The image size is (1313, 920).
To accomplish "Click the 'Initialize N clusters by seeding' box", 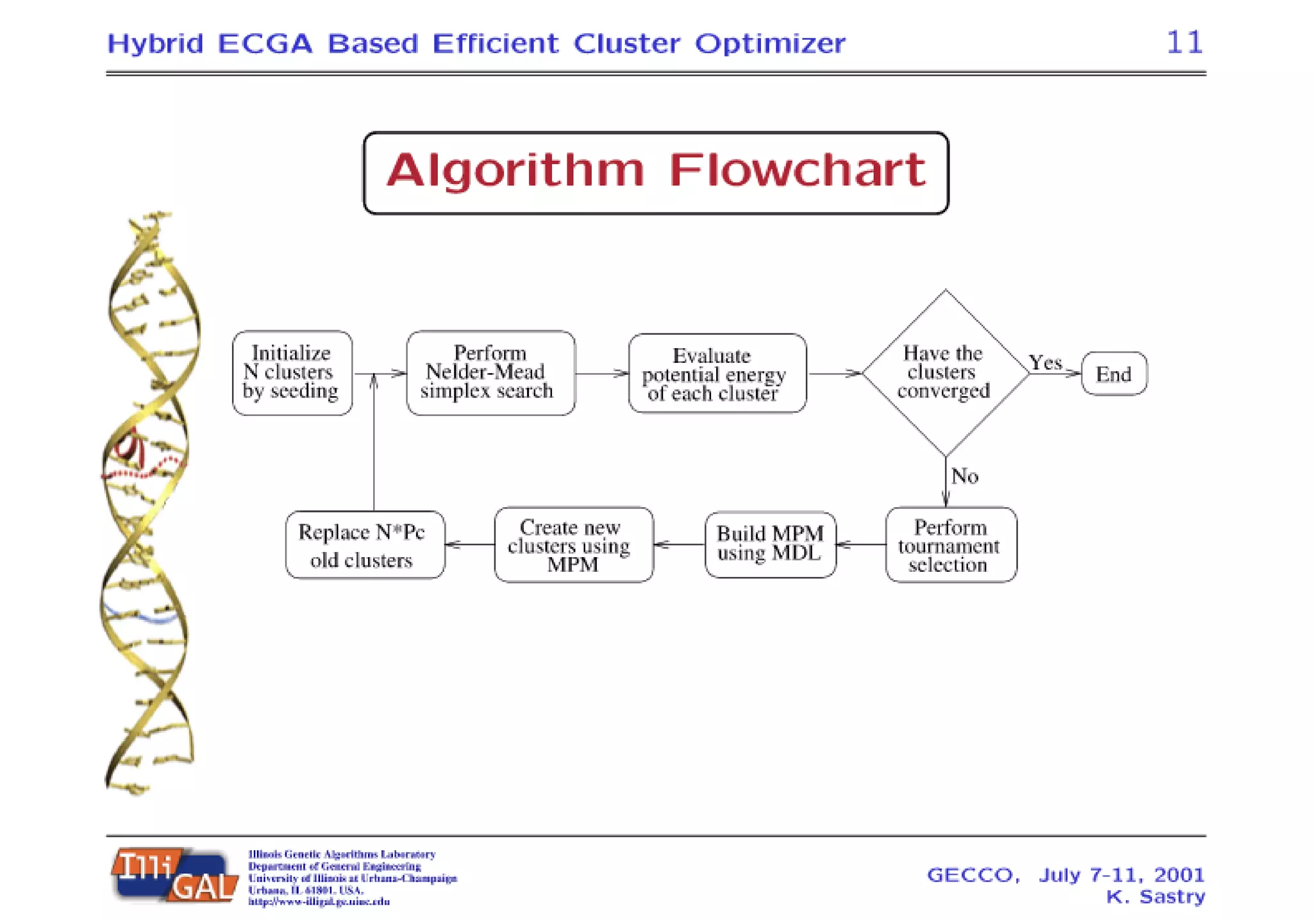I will tap(292, 372).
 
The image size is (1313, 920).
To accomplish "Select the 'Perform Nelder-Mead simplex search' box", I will tap(490, 372).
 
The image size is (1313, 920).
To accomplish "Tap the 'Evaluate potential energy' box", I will tap(717, 374).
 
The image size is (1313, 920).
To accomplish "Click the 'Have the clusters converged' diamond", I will tap(944, 372).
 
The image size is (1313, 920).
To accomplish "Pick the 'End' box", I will tap(1114, 374).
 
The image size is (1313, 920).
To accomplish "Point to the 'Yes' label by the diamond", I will tap(1046, 363).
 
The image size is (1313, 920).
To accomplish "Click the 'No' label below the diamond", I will tap(964, 476).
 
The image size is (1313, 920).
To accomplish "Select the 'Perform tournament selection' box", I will tap(950, 545).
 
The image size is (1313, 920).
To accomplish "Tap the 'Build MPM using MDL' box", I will tap(770, 544).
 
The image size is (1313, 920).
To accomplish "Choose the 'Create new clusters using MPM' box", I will tap(573, 545).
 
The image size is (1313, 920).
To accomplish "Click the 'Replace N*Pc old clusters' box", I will tap(364, 545).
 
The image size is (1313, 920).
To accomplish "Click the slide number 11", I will tap(1183, 43).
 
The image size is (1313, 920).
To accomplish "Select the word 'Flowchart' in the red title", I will tap(796, 171).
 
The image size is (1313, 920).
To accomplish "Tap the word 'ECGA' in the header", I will tap(265, 44).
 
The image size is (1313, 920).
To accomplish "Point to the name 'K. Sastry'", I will tap(1155, 896).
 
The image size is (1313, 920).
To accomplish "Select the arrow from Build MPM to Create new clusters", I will tap(680, 545).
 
